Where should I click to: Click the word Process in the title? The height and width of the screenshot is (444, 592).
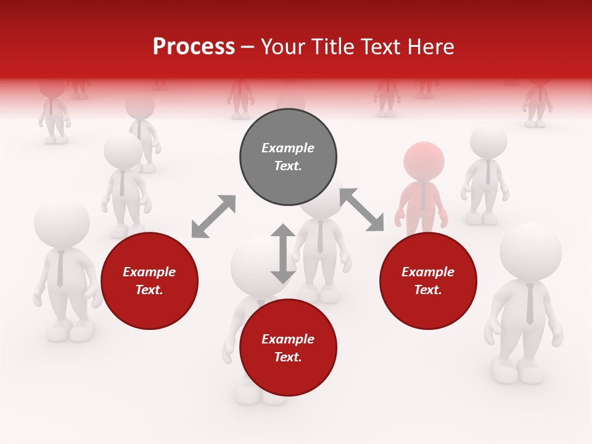[x=194, y=47]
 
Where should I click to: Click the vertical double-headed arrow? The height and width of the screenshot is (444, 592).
[x=283, y=253]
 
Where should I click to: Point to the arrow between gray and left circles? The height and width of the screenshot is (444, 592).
[x=213, y=216]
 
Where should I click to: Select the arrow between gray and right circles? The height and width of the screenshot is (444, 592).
[x=361, y=210]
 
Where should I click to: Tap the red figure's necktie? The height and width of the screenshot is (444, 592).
[x=423, y=196]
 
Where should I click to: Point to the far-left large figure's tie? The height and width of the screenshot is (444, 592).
[x=60, y=269]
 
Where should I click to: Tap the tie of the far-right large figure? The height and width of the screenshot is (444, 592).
[x=530, y=304]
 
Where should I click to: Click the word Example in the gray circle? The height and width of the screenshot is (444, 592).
[x=288, y=148]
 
